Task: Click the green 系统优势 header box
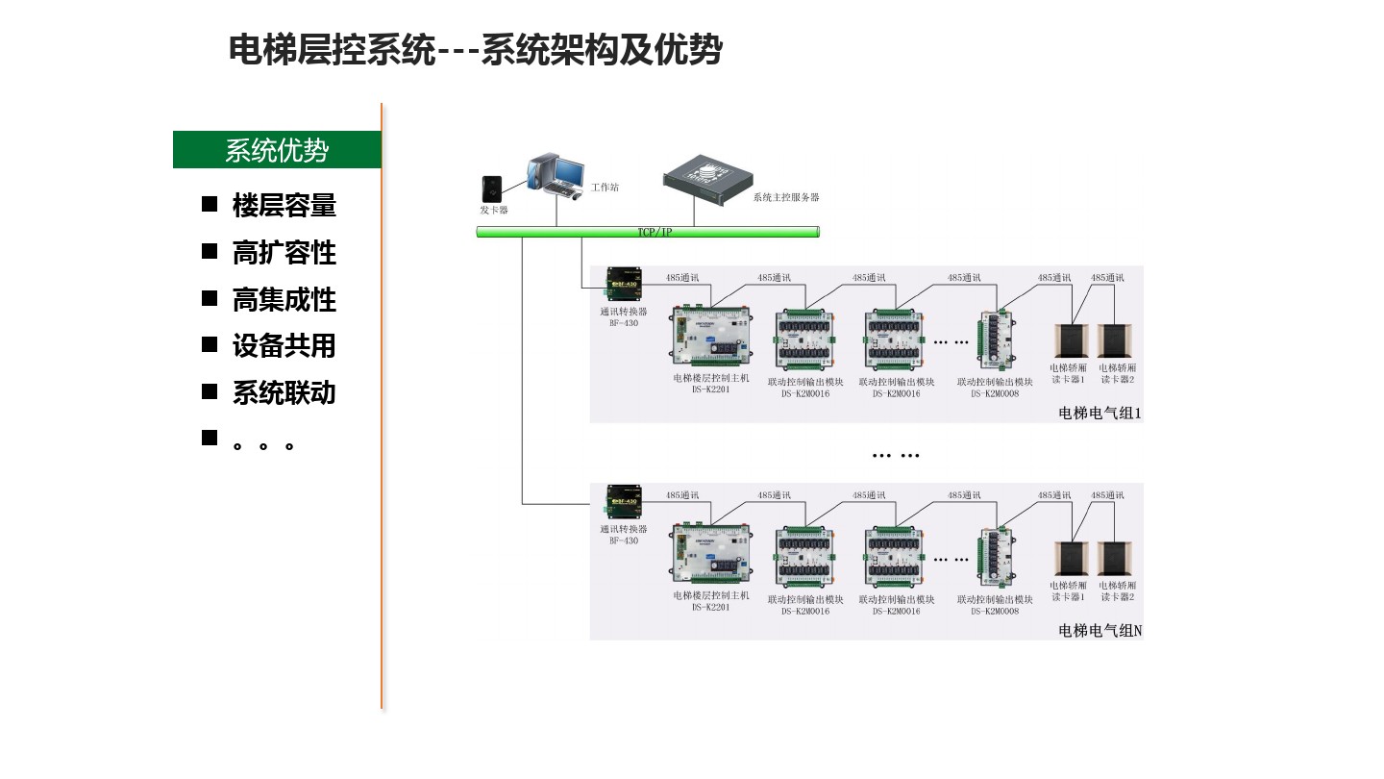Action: tap(277, 150)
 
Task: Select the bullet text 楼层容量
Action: tap(284, 206)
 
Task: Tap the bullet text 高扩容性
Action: tap(284, 253)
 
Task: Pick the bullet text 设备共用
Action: tap(284, 346)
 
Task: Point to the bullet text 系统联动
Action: tap(284, 393)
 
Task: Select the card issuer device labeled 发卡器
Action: tap(494, 186)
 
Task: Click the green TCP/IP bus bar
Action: tap(648, 232)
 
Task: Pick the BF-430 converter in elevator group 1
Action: tap(624, 284)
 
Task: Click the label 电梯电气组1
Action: tap(1099, 414)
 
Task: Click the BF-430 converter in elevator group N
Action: tap(624, 502)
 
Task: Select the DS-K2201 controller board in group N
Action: tap(710, 556)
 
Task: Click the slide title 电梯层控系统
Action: tap(332, 50)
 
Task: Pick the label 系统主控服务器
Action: tap(785, 197)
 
